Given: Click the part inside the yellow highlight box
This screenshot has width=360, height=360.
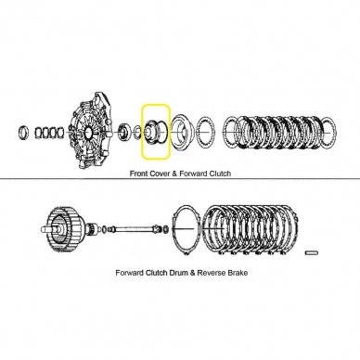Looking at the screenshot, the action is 156,132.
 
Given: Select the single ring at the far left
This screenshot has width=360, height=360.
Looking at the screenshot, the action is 24,133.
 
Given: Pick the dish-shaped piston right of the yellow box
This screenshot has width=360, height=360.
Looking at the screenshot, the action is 183,132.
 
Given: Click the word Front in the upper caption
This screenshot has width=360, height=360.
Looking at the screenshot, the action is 139,174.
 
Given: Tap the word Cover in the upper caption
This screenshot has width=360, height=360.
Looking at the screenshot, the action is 160,174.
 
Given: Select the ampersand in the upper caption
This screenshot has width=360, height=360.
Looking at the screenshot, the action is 174,174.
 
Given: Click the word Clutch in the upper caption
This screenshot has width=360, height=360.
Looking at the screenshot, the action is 220,174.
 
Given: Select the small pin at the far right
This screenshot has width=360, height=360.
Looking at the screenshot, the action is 312,252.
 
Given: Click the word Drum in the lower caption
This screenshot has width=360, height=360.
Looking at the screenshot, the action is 179,273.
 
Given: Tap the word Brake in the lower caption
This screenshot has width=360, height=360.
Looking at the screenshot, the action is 238,273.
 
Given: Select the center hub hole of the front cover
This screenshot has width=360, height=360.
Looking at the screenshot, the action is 88,133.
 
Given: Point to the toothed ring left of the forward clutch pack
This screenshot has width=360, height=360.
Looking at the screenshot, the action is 204,133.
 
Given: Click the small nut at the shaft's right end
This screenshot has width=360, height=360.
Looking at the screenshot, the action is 166,229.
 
